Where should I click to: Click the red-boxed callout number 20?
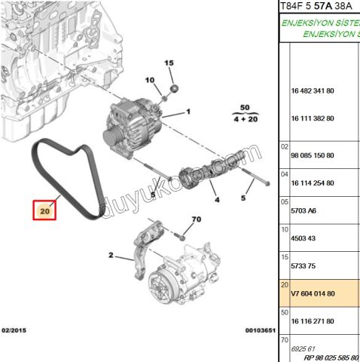pyautogui.click(x=44, y=213)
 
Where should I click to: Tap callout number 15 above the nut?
pyautogui.click(x=169, y=64)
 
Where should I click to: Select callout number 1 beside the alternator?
pyautogui.click(x=188, y=112)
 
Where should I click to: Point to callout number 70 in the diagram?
pyautogui.click(x=197, y=219)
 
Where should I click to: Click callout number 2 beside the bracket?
pyautogui.click(x=111, y=256)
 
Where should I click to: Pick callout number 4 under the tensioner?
pyautogui.click(x=216, y=200)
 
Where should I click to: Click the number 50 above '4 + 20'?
pyautogui.click(x=244, y=109)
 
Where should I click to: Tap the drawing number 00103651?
pyautogui.click(x=259, y=330)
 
